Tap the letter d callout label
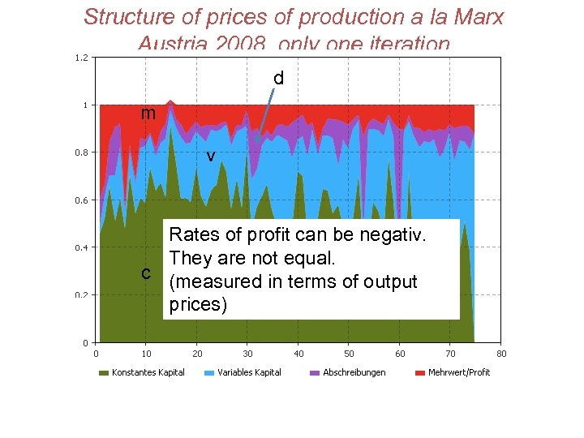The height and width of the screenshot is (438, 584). (278, 79)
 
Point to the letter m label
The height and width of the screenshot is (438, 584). (148, 114)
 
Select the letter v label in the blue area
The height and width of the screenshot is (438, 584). (210, 156)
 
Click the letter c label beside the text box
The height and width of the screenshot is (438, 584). (146, 273)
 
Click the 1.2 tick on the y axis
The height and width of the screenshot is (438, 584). (82, 58)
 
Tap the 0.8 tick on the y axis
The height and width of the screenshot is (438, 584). (82, 152)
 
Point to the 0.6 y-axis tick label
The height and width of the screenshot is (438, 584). (82, 200)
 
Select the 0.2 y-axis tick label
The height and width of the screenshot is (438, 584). (82, 295)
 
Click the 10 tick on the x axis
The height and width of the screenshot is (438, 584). (147, 353)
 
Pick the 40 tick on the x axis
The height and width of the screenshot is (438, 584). (298, 353)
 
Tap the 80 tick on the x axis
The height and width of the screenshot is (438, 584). (501, 353)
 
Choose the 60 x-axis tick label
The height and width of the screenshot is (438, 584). (400, 353)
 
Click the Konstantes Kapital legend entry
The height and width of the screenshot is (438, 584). (148, 372)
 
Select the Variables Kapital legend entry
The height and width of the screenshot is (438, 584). (249, 372)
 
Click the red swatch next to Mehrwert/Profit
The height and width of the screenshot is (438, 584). (420, 373)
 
